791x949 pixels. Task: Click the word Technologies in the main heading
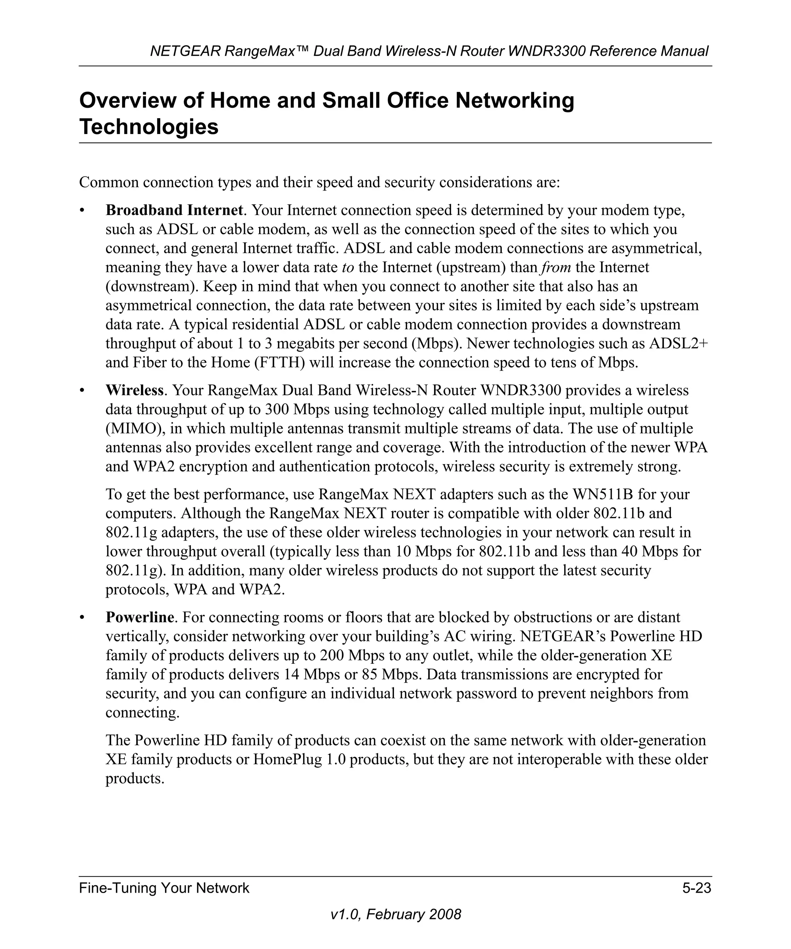click(149, 127)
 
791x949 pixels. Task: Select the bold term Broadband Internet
click(174, 210)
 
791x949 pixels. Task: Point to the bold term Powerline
click(140, 617)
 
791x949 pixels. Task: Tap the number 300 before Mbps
click(277, 409)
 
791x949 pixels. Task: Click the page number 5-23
click(696, 888)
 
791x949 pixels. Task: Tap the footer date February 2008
click(414, 914)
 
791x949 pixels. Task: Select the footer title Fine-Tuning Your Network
click(164, 888)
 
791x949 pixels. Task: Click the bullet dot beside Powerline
click(82, 617)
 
